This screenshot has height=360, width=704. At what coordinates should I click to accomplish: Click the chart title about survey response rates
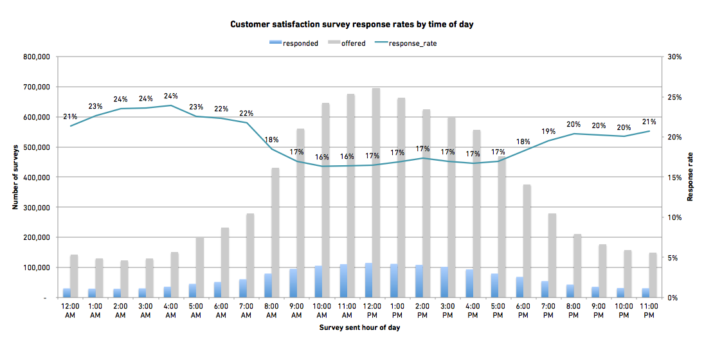(x=352, y=24)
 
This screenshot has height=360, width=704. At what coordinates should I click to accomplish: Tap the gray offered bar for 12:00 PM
(x=376, y=193)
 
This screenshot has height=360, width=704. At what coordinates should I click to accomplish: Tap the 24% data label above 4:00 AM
(x=170, y=96)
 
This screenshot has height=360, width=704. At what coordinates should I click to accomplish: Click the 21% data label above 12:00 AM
(x=70, y=116)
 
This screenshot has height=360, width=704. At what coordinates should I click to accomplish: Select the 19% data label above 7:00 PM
(x=548, y=130)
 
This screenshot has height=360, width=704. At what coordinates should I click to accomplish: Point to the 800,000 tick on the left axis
(x=36, y=57)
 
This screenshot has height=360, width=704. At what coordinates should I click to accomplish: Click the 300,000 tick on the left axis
(x=36, y=208)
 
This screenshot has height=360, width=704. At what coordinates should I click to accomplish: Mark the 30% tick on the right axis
(x=674, y=57)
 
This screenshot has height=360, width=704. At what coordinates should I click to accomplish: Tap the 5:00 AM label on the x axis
(x=195, y=311)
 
